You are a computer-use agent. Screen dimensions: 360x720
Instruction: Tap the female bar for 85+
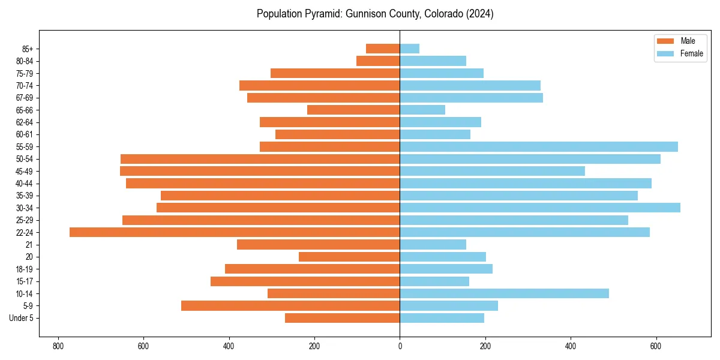click(x=410, y=49)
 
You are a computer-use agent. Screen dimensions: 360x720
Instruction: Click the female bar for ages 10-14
click(x=504, y=293)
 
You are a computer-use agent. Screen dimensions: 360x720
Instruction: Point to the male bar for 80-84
click(x=378, y=61)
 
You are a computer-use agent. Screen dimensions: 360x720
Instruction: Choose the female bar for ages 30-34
click(x=540, y=208)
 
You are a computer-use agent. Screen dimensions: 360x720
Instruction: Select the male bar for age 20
click(x=349, y=257)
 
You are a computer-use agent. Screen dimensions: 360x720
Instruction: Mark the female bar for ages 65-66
click(x=422, y=110)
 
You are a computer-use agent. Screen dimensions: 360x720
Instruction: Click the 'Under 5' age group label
click(x=21, y=318)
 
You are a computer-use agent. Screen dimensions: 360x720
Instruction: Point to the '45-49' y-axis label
click(x=24, y=171)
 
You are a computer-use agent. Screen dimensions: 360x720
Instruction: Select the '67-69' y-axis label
click(x=24, y=98)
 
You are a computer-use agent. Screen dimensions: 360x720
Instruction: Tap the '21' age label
click(x=29, y=245)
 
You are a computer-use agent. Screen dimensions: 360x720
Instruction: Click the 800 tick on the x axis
click(x=58, y=346)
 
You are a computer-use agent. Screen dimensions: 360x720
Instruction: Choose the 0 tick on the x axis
click(x=400, y=346)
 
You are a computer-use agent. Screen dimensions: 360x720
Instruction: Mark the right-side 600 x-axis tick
click(x=656, y=346)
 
